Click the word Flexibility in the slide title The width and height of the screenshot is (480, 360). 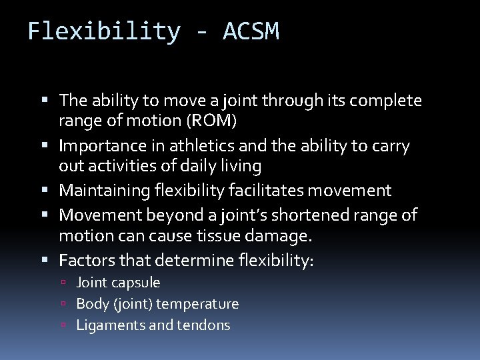(104, 31)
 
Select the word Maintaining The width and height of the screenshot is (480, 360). (107, 191)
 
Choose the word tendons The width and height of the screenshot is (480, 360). (204, 325)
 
